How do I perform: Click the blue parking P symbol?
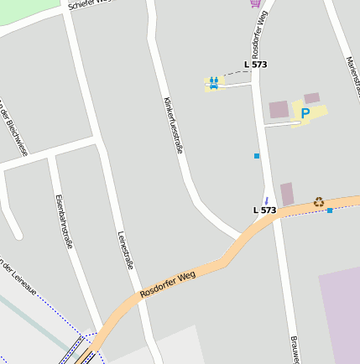click(x=305, y=113)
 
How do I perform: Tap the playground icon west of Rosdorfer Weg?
click(x=214, y=82)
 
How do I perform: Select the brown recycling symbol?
click(x=319, y=201)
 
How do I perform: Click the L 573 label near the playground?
click(x=255, y=65)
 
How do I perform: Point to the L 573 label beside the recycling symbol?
click(x=264, y=210)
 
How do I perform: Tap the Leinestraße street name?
click(x=126, y=250)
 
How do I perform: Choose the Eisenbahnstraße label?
click(x=63, y=221)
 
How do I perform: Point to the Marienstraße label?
click(x=353, y=75)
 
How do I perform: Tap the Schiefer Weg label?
click(x=89, y=3)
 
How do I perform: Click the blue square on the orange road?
click(x=330, y=210)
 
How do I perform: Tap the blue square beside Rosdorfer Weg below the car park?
click(x=256, y=156)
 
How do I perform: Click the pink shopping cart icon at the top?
click(x=254, y=3)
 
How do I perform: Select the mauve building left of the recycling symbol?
click(x=287, y=194)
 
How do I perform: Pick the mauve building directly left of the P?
click(x=279, y=109)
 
